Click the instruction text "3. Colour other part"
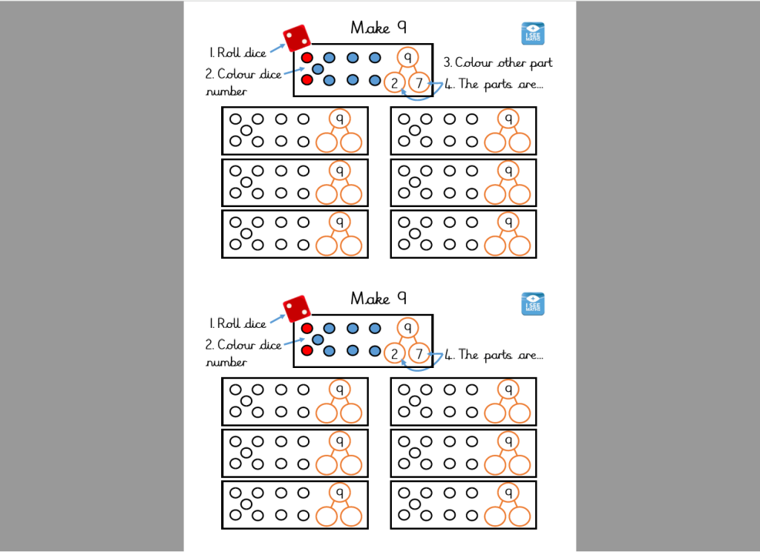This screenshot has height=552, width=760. pos(497,62)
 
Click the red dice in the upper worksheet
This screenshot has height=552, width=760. pos(297,39)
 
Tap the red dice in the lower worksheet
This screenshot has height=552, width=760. pos(297,309)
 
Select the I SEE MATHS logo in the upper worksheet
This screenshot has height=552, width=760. pos(533,33)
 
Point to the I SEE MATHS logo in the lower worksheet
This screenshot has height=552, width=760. pos(533,303)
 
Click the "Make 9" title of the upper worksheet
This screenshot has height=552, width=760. pos(379,28)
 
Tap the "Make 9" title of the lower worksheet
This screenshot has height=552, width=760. pos(379,298)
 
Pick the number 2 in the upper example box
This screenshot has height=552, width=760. pos(395,83)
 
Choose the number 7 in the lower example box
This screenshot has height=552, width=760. pos(419,354)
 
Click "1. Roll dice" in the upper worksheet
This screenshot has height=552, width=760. pos(237,53)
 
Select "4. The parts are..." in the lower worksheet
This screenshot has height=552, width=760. pos(494,355)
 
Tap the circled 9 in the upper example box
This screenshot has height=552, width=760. pos(407,57)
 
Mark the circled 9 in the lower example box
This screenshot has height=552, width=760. pos(407,327)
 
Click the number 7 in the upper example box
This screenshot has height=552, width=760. pos(419,83)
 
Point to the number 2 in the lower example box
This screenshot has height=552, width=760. pos(395,354)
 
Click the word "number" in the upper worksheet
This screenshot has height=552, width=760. pos(226,92)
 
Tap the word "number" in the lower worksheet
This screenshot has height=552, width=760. pos(226,363)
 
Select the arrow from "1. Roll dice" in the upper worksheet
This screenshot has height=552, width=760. pos(277,47)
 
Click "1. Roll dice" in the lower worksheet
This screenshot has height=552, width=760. pos(237,323)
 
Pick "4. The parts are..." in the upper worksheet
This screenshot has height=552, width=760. pos(494,84)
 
